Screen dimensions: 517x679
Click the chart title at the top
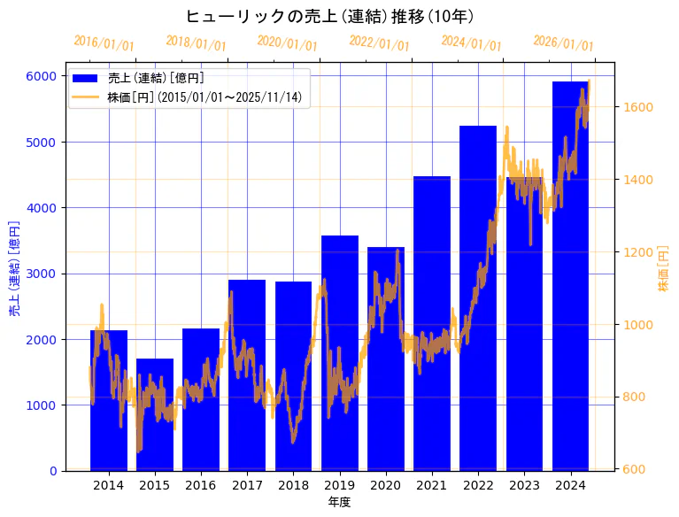tap(329, 16)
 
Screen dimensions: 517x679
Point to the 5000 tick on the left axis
tap(41, 142)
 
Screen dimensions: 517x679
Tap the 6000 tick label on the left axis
tap(41, 76)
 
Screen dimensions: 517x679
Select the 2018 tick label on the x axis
tap(293, 485)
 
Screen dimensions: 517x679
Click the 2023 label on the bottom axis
tap(524, 485)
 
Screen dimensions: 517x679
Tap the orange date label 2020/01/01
tap(287, 43)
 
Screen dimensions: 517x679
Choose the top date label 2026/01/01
tap(563, 43)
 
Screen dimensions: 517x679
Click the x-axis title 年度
tap(339, 502)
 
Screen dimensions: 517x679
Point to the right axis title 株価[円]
tap(664, 270)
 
